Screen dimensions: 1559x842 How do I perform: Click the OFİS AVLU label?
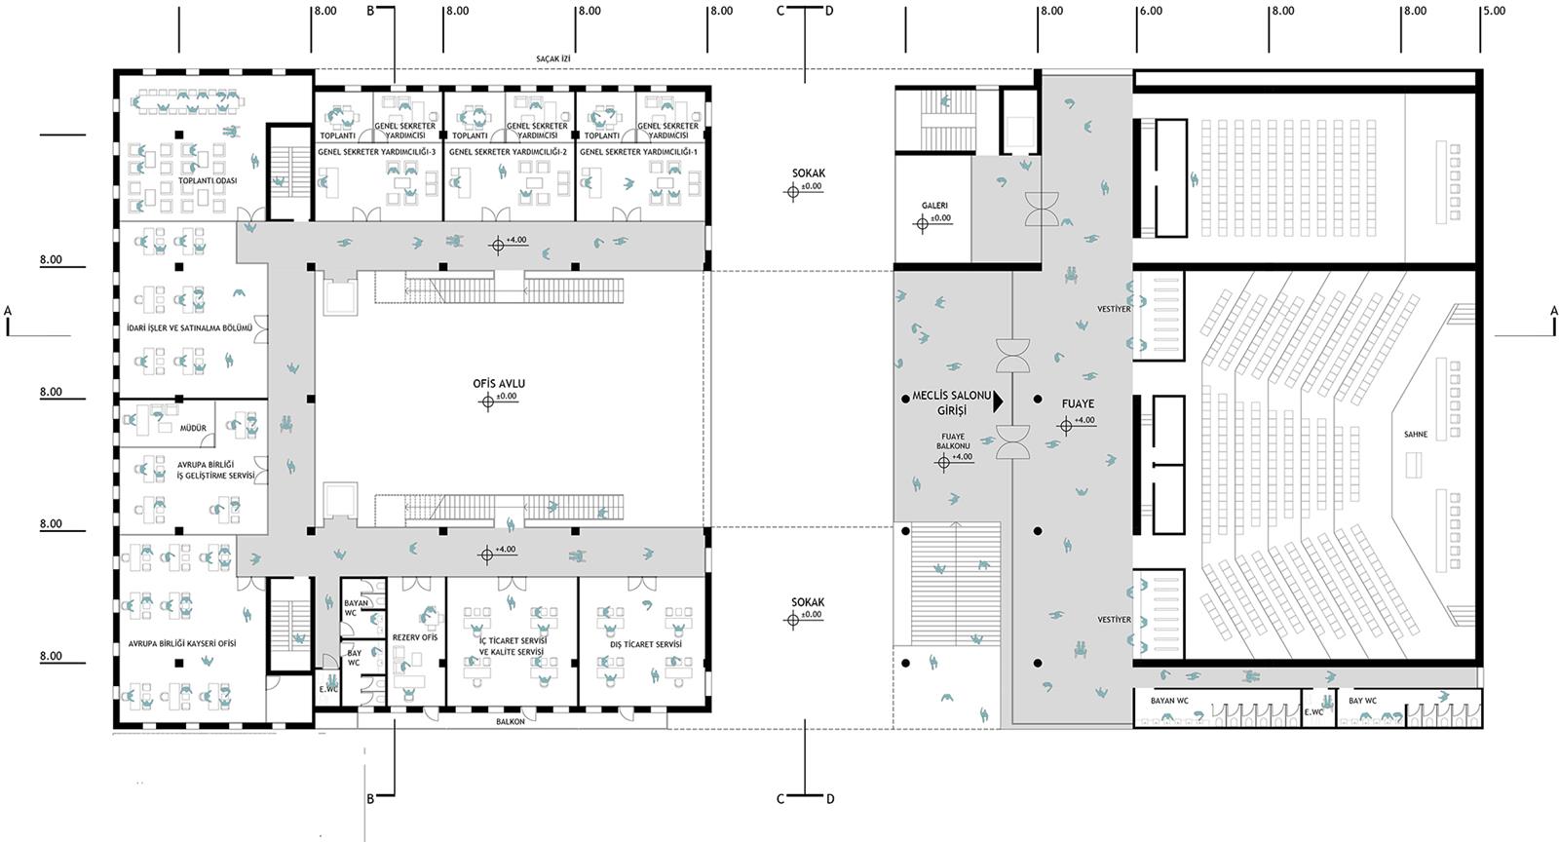[x=499, y=383]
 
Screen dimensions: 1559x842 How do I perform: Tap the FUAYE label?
[x=1078, y=403]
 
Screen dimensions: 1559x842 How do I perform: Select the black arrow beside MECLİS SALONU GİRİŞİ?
[x=998, y=401]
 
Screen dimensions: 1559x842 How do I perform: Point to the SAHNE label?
[x=1416, y=435]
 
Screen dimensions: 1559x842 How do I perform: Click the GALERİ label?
[x=934, y=206]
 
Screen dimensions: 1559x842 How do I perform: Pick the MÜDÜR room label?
[x=194, y=428]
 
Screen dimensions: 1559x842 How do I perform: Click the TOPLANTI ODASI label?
[x=208, y=181]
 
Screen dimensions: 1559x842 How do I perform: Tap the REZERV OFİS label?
[x=415, y=637]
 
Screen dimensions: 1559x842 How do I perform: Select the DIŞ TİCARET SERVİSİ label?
[x=646, y=644]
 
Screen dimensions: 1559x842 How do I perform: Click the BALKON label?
[x=511, y=721]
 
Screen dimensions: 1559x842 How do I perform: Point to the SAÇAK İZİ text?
[x=553, y=59]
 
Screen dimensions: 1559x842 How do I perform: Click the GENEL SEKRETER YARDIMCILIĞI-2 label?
[x=508, y=152]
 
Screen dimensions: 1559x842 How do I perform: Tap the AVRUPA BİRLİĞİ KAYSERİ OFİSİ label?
[x=182, y=643]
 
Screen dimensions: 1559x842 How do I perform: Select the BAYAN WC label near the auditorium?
[x=1170, y=701]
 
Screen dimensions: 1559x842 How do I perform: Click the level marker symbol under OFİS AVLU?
[x=487, y=402]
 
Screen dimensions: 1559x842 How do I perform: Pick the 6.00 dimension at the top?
[x=1151, y=11]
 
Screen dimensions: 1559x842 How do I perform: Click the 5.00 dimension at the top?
[x=1495, y=11]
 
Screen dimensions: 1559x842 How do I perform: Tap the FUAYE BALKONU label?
[x=953, y=441]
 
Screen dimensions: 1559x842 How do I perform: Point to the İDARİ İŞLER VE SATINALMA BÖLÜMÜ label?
[x=189, y=327]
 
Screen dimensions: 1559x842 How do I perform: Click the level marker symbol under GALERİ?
[x=922, y=223]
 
